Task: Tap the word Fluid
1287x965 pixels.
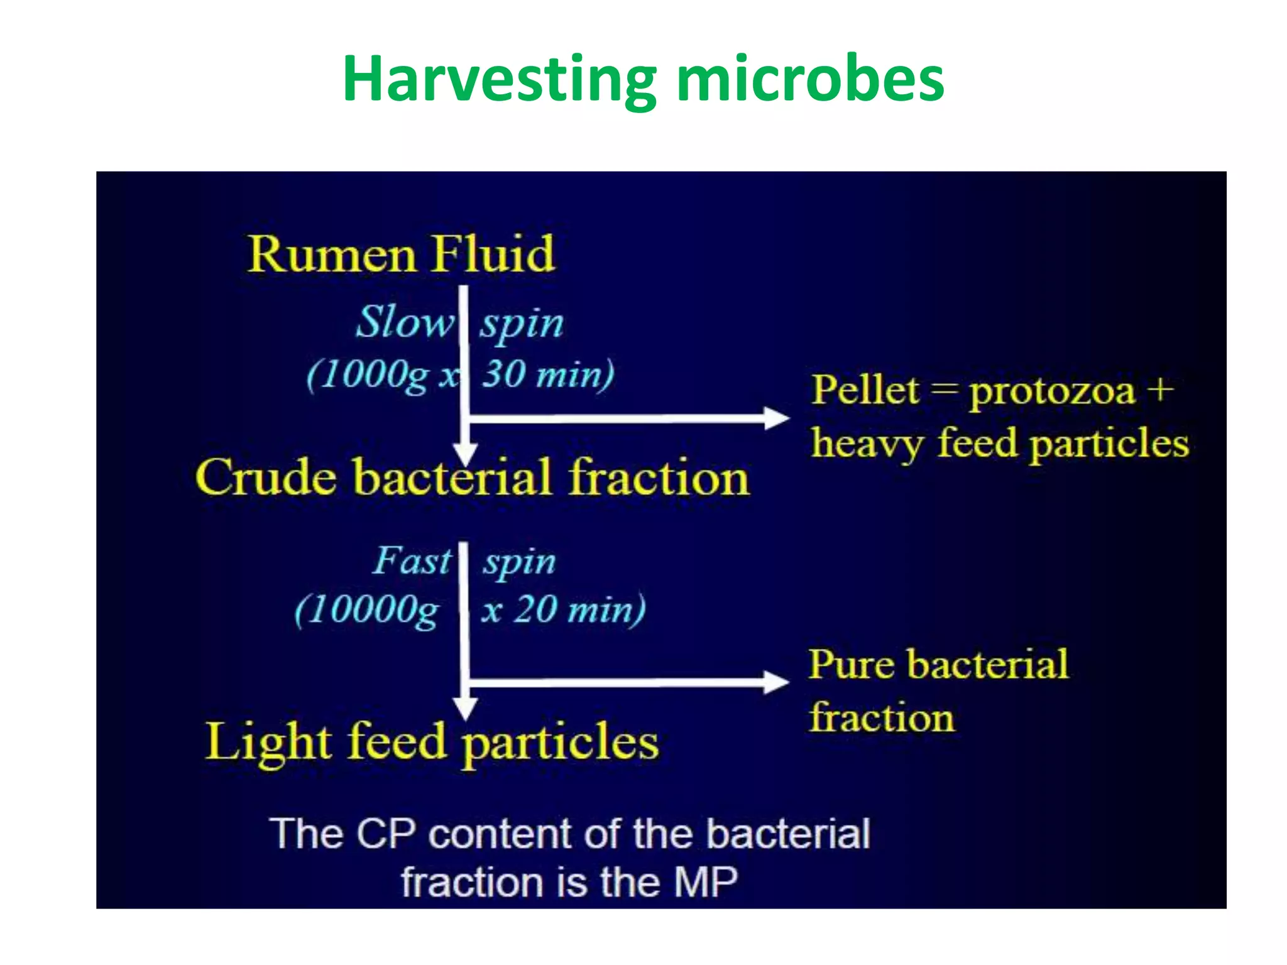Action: point(493,254)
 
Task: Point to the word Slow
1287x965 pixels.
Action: point(404,322)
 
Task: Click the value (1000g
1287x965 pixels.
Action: point(368,376)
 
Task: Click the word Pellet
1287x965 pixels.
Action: point(865,391)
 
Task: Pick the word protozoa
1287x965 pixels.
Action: point(1052,393)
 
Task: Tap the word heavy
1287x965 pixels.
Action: point(867,444)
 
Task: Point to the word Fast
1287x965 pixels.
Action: point(412,560)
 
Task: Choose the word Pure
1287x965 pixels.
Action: point(852,665)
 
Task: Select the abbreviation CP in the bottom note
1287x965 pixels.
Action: point(386,834)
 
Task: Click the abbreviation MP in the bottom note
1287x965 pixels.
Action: point(705,883)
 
